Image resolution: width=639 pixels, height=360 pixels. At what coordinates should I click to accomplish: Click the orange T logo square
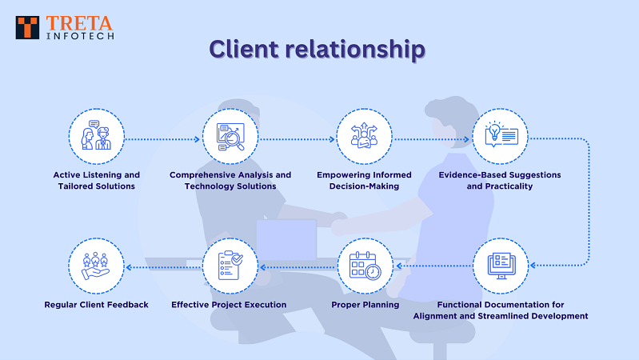[x=28, y=26]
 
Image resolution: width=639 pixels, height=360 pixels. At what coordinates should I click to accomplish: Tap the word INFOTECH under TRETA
[x=79, y=36]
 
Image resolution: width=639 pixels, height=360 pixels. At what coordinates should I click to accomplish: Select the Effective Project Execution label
[x=229, y=305]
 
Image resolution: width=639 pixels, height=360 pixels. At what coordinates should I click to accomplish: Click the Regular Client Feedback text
[x=97, y=305]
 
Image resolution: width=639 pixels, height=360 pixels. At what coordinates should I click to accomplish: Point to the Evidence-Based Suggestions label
[x=500, y=180]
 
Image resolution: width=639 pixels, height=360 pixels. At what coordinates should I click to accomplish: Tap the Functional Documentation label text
[x=500, y=310]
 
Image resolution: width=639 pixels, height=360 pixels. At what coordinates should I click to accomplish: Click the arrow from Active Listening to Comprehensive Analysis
[x=163, y=138]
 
